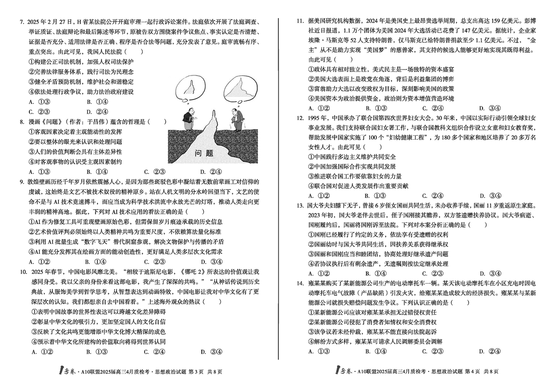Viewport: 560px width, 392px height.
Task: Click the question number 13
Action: (301, 205)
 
